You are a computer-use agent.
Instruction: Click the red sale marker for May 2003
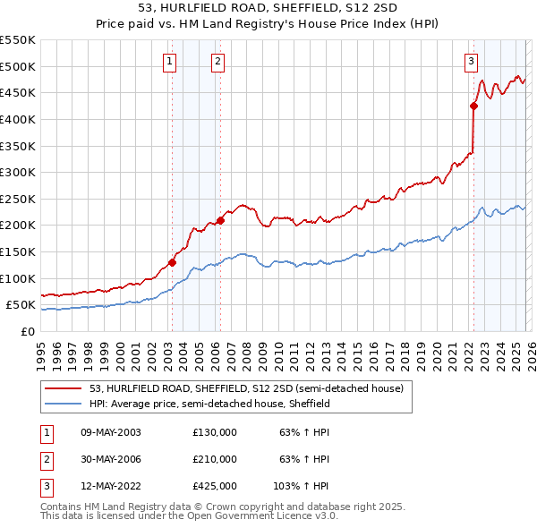click(172, 263)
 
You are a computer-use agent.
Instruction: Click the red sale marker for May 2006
click(220, 220)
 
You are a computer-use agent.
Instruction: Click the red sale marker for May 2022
click(473, 106)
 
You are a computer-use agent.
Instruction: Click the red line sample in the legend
click(64, 388)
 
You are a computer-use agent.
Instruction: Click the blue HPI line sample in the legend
click(64, 404)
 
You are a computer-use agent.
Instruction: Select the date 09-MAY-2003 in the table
click(111, 432)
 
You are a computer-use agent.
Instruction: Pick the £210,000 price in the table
click(215, 459)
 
